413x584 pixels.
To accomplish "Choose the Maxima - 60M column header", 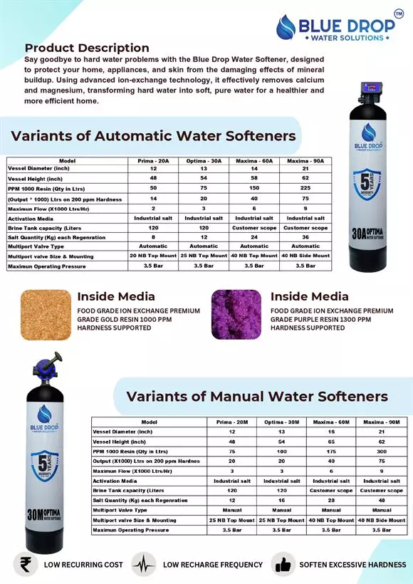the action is click(x=330, y=422).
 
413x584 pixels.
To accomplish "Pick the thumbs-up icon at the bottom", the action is click(x=283, y=564).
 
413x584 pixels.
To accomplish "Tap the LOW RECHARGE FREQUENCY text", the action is click(x=213, y=565).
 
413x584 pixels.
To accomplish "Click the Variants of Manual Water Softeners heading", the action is click(x=257, y=396).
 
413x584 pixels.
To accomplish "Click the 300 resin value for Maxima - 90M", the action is click(x=381, y=451).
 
